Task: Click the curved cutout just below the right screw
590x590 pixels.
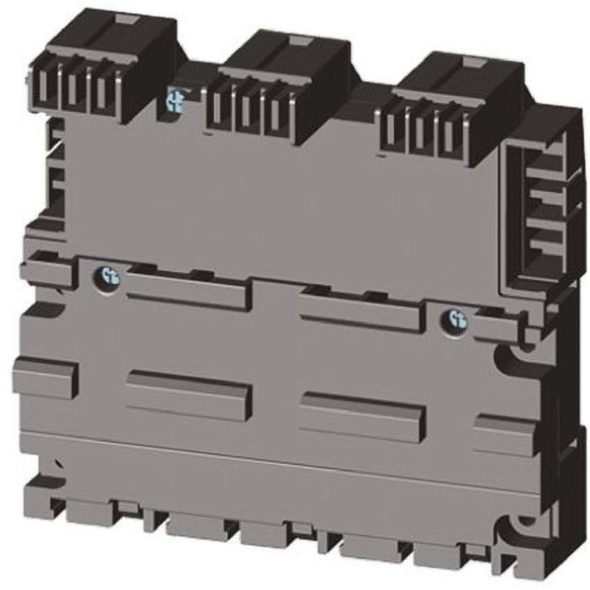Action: coord(513,361)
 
